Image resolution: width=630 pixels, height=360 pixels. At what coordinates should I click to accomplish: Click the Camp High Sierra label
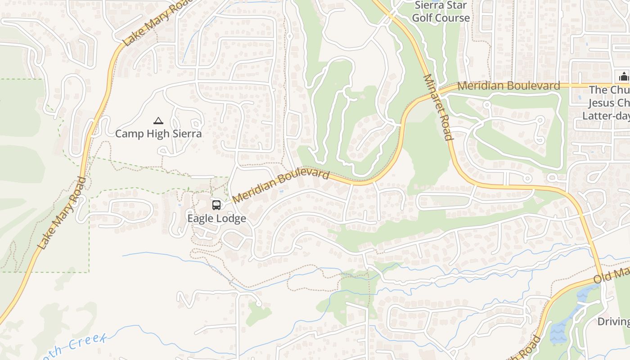158,134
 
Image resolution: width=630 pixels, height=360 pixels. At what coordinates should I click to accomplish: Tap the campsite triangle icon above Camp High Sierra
158,121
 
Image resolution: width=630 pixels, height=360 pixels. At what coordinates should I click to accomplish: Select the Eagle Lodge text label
216,219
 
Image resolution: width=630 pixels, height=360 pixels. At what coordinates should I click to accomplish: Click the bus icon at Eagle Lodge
216,205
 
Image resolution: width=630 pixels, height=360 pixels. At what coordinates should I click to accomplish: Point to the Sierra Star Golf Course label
441,12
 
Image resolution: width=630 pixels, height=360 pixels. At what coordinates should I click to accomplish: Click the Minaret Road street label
437,107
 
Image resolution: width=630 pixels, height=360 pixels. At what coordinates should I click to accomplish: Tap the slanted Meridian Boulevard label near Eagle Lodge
281,186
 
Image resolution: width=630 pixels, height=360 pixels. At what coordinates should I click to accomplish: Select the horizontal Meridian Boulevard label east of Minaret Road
508,85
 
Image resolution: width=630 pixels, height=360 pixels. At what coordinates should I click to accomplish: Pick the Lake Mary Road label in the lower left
62,214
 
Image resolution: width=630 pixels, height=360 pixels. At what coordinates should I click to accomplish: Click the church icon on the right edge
624,76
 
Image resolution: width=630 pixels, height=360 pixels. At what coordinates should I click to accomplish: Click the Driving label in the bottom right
613,321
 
